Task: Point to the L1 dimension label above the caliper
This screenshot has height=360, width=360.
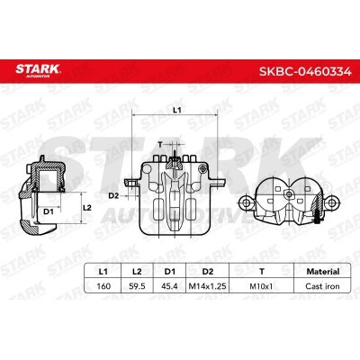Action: point(176,109)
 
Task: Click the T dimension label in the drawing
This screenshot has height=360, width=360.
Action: point(160,143)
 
